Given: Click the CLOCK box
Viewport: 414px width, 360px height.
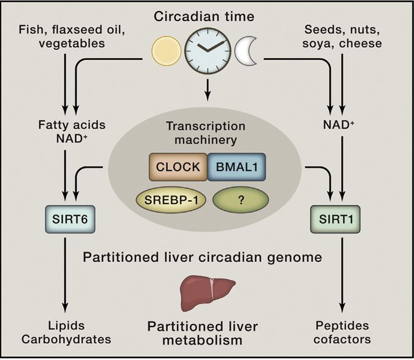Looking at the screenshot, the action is point(178,167).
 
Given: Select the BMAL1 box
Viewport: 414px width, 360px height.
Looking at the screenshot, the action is point(236,167).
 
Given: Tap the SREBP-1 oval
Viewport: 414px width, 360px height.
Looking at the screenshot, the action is point(171,200).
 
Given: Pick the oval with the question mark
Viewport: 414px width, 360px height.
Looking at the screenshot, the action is point(240,200).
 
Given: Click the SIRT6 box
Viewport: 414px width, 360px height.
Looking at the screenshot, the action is point(70,219).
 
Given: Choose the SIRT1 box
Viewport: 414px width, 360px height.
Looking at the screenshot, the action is point(335,219).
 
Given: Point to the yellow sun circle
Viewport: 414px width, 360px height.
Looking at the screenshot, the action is point(166,51).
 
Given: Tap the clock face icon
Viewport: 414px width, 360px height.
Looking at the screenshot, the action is point(207,51).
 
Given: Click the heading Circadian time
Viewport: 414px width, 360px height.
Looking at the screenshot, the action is point(204,16).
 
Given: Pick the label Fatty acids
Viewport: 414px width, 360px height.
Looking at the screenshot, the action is point(72,125).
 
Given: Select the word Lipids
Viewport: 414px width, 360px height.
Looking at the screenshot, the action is point(66,326).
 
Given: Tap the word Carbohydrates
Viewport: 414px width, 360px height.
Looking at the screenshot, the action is point(66,340).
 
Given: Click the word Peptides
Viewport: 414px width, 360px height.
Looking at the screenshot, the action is point(342,326).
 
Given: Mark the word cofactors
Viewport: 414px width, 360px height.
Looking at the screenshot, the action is point(342,340).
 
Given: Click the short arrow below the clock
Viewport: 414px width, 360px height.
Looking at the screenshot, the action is point(207,90).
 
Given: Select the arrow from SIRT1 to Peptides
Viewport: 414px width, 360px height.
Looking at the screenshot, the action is point(342,275).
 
